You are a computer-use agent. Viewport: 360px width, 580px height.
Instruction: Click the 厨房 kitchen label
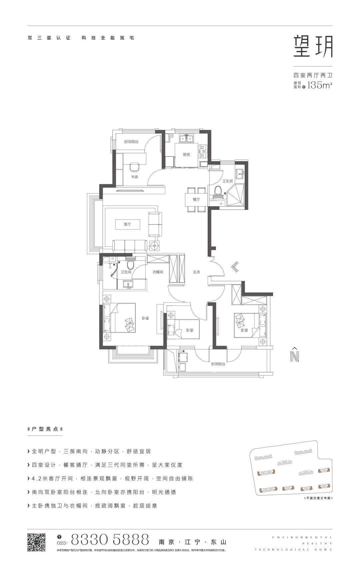coord(186,155)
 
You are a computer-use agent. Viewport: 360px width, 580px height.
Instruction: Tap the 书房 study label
coord(134,177)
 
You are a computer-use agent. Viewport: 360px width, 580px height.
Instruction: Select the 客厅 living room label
coord(127,224)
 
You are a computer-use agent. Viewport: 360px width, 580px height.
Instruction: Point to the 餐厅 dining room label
coord(196,199)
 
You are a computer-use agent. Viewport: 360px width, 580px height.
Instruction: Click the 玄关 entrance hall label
coord(197,272)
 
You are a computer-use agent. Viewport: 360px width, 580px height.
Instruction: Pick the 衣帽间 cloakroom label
coord(158,272)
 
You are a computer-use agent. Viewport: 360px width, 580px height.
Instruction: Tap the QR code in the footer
coord(36,542)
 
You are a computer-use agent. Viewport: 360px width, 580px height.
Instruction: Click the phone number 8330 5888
coord(110,539)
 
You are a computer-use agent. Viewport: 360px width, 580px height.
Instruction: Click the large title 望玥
coord(313,47)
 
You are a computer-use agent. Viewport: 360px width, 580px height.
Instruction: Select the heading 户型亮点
coord(45,429)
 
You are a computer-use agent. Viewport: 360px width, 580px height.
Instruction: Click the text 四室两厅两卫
coord(313,75)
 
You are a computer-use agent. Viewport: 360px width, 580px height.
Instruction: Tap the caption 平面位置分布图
coord(319,498)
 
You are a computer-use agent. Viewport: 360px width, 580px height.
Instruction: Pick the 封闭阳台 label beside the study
coord(131,142)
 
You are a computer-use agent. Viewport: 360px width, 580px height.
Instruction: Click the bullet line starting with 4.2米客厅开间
coord(112,478)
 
